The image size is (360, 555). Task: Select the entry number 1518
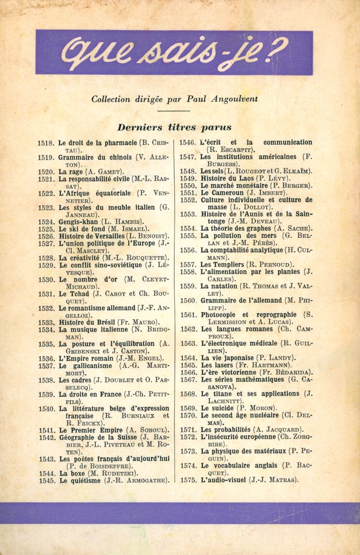coord(45,143)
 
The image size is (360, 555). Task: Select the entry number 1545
coord(45,481)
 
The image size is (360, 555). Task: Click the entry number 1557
coord(188,264)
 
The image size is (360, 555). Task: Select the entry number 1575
coord(188,480)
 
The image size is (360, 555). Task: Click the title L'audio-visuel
coord(227,480)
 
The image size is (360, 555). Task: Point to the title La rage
coord(71,171)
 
